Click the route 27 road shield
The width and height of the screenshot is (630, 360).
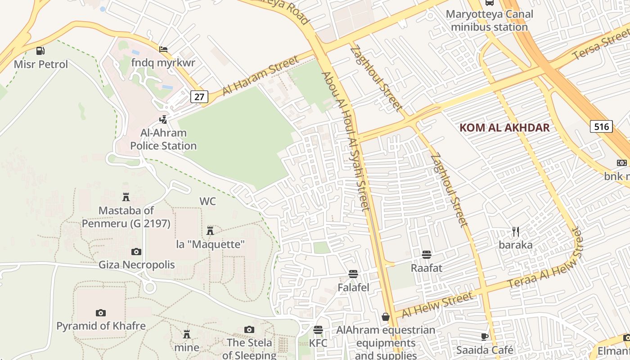[x=199, y=96]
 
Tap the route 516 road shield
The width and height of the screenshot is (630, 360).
[x=601, y=126]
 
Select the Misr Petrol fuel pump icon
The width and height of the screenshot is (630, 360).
[x=40, y=51]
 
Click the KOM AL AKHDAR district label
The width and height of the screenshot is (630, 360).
[x=504, y=127]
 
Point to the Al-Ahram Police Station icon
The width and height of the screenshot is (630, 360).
[x=163, y=120]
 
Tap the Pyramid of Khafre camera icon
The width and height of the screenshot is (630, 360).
[x=101, y=313]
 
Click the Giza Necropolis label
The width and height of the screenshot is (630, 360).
[x=137, y=265]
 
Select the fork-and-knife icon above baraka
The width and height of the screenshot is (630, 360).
[x=516, y=232]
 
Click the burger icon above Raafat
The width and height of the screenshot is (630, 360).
[x=427, y=255]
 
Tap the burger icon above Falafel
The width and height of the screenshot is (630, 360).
[x=353, y=274]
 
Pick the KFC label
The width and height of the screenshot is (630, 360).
[x=318, y=343]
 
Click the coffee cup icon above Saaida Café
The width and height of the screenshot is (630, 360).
[x=485, y=337]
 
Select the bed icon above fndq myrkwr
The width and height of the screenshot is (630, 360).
[x=163, y=49]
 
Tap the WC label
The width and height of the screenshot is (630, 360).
[x=208, y=201]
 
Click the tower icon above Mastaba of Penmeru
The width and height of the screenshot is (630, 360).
[x=126, y=197]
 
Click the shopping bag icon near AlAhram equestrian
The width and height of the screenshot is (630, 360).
[x=386, y=317]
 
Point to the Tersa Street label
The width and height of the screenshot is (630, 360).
[x=601, y=45]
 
